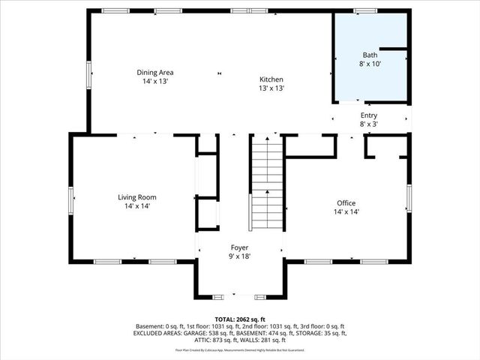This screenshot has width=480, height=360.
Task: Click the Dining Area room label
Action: pyautogui.click(x=155, y=72)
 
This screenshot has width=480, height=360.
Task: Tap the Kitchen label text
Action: pyautogui.click(x=271, y=79)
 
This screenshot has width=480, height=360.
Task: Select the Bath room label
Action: pyautogui.click(x=370, y=55)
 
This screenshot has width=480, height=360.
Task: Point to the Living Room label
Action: pyautogui.click(x=136, y=197)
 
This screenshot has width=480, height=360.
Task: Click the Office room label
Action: pyautogui.click(x=346, y=203)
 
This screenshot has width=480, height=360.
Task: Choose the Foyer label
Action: pyautogui.click(x=239, y=247)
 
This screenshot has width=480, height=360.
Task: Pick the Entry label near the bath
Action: pyautogui.click(x=370, y=115)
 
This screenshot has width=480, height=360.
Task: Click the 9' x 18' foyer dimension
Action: pyautogui.click(x=239, y=256)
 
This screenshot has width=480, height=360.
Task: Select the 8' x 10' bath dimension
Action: pyautogui.click(x=370, y=64)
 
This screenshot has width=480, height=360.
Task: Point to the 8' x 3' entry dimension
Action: pyautogui.click(x=370, y=124)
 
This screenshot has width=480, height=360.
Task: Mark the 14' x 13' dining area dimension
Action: pyautogui.click(x=155, y=81)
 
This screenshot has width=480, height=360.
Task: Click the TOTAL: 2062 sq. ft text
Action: pyautogui.click(x=239, y=319)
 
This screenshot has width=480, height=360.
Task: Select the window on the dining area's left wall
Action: pyautogui.click(x=89, y=74)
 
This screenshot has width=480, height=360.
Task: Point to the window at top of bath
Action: pyautogui.click(x=365, y=10)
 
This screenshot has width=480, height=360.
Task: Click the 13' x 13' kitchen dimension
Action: pyautogui.click(x=271, y=88)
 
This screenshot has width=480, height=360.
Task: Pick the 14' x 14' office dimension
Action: pyautogui.click(x=346, y=212)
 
